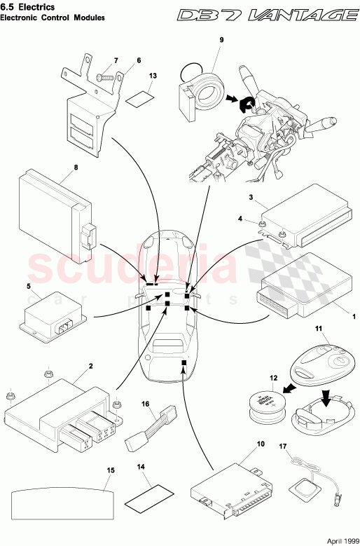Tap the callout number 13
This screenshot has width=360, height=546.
click(x=153, y=76)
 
